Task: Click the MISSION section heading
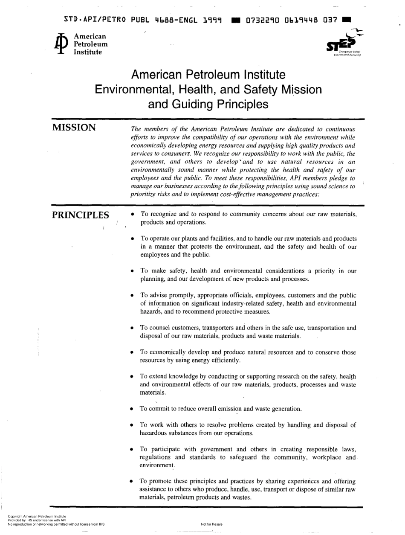coord(74,128)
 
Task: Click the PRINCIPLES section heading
coord(80,215)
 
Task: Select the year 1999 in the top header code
coord(214,19)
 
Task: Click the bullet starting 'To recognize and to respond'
coord(134,214)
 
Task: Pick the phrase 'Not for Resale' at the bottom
coord(211,524)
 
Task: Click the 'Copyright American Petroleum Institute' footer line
coord(34,517)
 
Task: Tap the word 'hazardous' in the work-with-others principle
coord(155,433)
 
